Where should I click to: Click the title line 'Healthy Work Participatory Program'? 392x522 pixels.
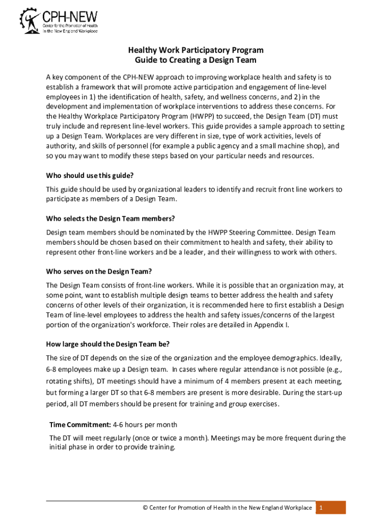[196, 50]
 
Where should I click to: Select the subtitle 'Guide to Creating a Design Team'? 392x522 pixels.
[196, 60]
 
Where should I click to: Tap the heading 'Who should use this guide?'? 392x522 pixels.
[90, 176]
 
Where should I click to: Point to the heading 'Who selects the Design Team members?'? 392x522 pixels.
[110, 219]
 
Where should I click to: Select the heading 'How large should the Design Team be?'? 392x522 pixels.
[108, 343]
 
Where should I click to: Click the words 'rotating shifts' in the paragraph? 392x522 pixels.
[69, 381]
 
